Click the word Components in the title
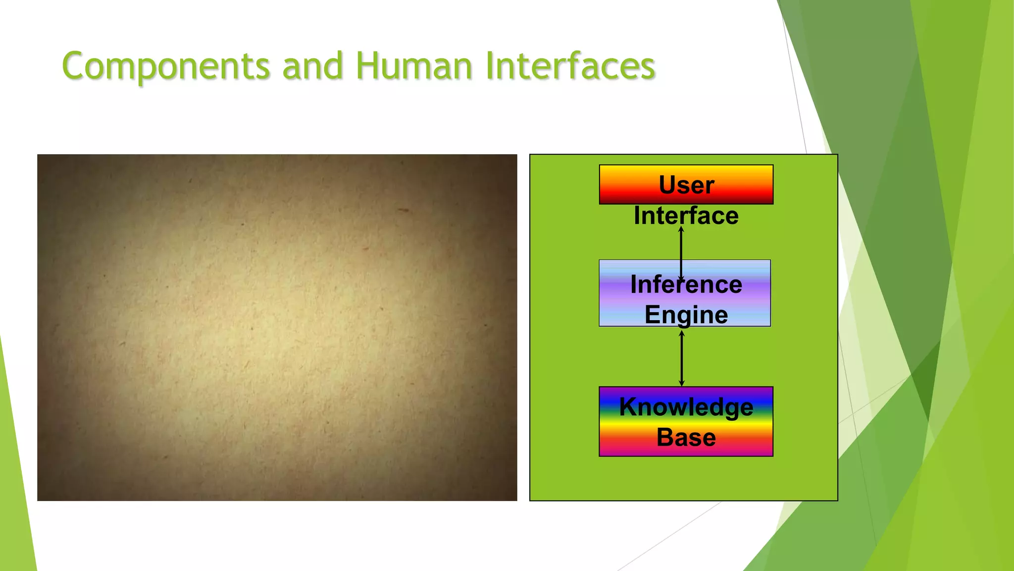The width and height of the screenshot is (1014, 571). (166, 66)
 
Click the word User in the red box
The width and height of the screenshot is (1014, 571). (686, 185)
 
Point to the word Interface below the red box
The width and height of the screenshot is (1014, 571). (686, 216)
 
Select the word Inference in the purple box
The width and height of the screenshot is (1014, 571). (686, 285)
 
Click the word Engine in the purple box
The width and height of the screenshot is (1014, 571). (686, 315)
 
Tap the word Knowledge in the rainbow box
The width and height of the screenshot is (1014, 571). (686, 407)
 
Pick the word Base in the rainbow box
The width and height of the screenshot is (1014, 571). (686, 437)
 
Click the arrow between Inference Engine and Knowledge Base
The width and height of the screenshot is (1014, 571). (682, 358)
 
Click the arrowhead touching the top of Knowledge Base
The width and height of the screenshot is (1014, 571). (682, 383)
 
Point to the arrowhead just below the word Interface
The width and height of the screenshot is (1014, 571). (681, 229)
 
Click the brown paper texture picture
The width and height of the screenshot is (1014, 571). (277, 327)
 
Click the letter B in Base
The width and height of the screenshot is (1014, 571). (665, 437)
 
